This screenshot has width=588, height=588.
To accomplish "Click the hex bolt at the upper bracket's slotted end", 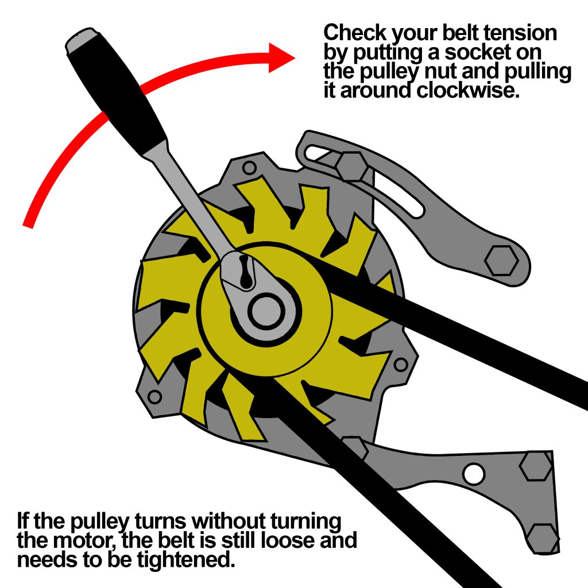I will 349,167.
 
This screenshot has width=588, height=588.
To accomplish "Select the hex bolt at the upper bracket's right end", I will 501,261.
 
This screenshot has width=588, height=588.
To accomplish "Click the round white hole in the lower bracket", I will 474,474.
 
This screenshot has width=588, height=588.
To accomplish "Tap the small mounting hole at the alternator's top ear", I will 249,168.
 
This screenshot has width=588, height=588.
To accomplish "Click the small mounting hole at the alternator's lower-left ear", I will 154,396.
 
